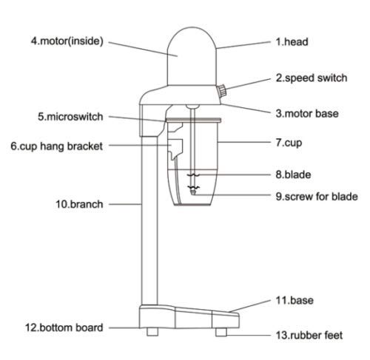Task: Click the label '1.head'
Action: pos(292,42)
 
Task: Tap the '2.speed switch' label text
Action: pos(312,78)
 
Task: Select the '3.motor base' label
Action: pos(307,114)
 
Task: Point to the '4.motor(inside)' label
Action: pos(67,41)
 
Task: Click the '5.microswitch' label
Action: pos(70,117)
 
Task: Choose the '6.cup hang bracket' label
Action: pos(56,146)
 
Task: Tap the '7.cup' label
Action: pos(289,143)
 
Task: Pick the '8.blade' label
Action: pos(293,174)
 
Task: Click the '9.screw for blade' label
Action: pos(317,197)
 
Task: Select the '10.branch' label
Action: pos(79,204)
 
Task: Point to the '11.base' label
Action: pos(295,300)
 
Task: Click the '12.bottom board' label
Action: pos(64,327)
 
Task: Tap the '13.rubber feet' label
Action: pos(309,336)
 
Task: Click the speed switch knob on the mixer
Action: pos(222,91)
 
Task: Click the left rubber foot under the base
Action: pos(152,332)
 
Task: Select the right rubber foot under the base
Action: pos(221,332)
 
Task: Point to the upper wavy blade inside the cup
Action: pos(193,175)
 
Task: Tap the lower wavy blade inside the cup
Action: pos(193,188)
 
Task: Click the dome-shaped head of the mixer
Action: pos(192,56)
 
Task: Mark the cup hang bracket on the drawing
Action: pos(175,149)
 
